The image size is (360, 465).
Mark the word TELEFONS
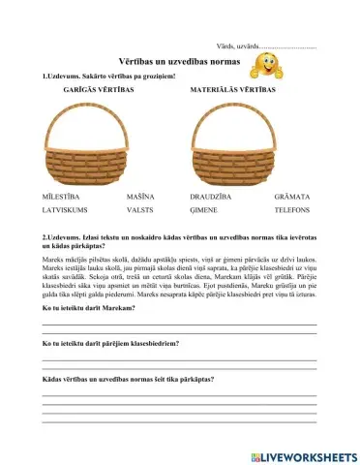[x=293, y=208]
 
